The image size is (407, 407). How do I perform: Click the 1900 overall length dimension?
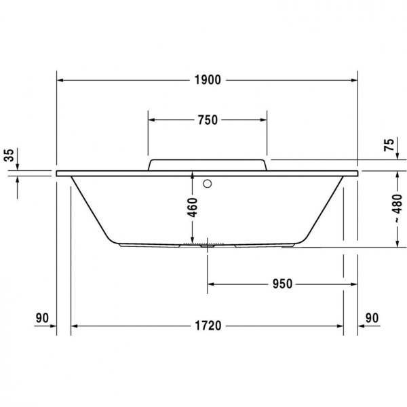(x=208, y=80)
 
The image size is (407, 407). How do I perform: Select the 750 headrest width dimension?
(x=207, y=121)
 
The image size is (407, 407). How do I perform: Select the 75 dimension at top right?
(x=388, y=145)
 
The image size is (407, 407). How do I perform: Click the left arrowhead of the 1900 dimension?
(x=60, y=80)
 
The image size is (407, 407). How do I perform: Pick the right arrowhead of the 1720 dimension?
(x=340, y=326)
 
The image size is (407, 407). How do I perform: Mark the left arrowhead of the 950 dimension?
(x=211, y=284)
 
